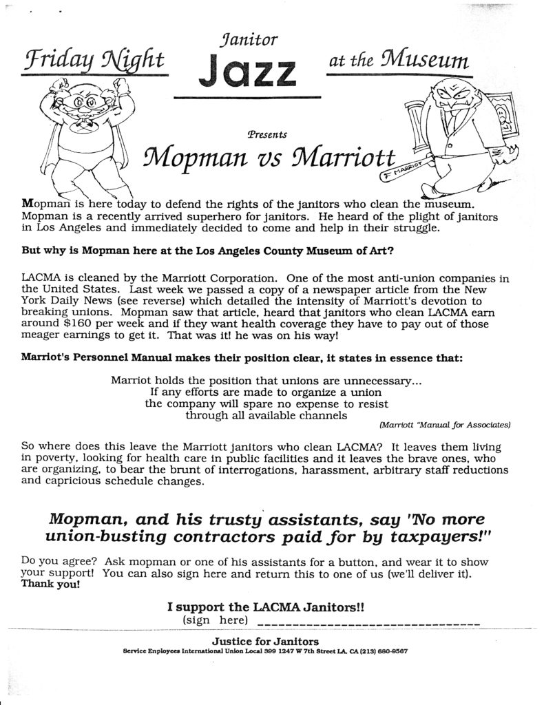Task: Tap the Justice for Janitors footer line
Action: tap(265, 640)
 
